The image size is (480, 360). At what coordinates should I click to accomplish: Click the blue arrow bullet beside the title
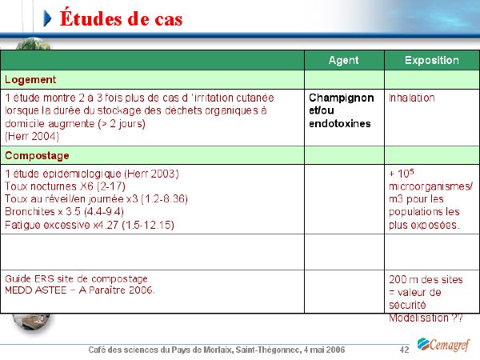coord(47,18)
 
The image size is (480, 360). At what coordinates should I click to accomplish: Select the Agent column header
coord(343,60)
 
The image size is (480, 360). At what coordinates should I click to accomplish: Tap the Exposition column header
coord(432,60)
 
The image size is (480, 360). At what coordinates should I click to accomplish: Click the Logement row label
coord(30,79)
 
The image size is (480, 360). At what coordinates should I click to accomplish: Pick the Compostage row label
coord(37,155)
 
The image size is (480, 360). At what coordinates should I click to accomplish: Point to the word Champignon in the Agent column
coord(342,98)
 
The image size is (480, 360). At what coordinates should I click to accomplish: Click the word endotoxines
coord(340,124)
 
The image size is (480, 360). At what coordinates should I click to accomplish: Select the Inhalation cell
coord(412,98)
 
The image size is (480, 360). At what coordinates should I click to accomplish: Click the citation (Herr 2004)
coord(32,136)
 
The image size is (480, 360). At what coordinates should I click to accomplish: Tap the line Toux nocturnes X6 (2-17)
coord(65,186)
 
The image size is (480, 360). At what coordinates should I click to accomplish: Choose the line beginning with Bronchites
coord(64,211)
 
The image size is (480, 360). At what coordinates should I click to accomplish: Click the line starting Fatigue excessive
coord(90,225)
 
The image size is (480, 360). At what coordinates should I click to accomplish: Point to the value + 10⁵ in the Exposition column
coord(402,174)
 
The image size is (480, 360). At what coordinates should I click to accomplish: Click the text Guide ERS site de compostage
coord(76,279)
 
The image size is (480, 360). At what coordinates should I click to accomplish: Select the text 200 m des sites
coord(426,279)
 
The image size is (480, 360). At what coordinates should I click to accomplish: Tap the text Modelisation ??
coord(426,318)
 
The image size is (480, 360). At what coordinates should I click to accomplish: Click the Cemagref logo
coord(443,345)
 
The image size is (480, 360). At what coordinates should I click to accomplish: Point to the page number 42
coord(404,350)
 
